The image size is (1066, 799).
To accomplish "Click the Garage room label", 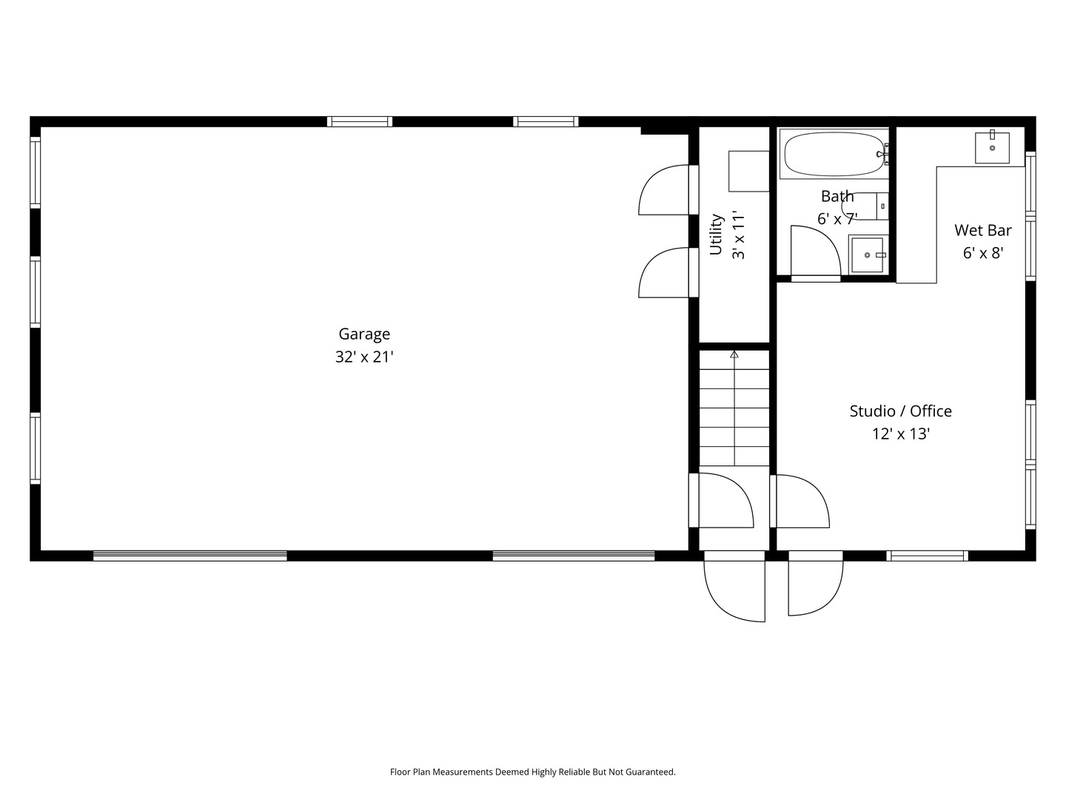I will [364, 334].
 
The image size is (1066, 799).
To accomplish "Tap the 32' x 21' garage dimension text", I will [364, 357].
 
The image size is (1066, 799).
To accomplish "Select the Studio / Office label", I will [900, 411].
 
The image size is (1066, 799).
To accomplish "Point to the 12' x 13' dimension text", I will [900, 434].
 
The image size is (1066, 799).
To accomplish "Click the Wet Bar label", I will [982, 230].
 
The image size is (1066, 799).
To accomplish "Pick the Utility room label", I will [716, 235].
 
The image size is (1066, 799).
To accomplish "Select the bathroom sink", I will [867, 254].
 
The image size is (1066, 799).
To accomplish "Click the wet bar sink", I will [992, 148].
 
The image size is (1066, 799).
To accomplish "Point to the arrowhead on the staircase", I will [734, 355].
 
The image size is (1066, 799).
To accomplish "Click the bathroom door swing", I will [814, 252].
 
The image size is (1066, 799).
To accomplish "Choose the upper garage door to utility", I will [664, 191].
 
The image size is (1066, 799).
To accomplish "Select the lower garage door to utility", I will [664, 274].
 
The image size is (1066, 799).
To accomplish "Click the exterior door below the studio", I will [814, 584].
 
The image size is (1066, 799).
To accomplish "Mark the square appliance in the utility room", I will [749, 171].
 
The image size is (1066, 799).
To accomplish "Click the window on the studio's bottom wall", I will [927, 556].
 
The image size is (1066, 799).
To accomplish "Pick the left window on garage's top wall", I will [360, 122].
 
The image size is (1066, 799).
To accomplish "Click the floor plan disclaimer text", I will [532, 772].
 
